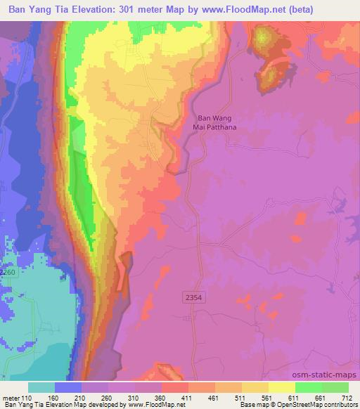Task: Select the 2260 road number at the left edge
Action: [7, 272]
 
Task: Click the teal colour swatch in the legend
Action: [42, 387]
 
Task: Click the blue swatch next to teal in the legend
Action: [69, 387]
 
